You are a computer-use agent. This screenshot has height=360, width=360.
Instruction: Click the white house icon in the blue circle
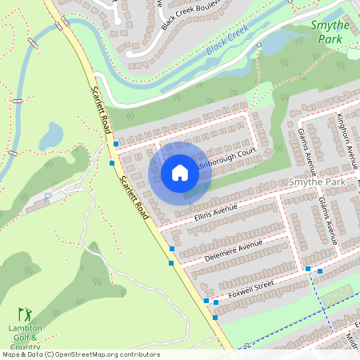[180, 172]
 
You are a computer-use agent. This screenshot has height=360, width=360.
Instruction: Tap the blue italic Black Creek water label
[227, 39]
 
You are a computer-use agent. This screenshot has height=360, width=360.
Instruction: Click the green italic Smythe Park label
[330, 31]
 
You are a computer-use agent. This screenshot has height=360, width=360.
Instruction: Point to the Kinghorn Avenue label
[346, 137]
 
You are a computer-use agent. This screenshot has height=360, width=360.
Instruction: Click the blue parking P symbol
[48, 196]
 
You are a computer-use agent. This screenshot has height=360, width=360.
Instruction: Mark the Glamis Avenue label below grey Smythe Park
[327, 220]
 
